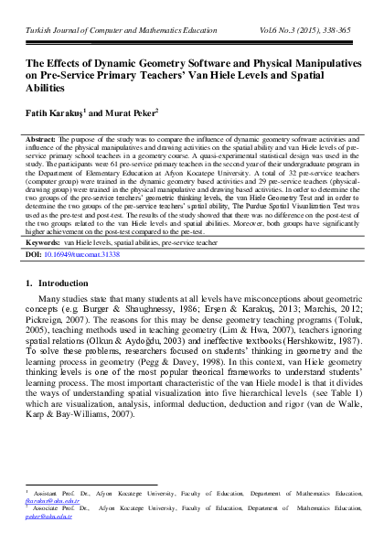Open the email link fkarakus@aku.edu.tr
(x=53, y=504)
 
